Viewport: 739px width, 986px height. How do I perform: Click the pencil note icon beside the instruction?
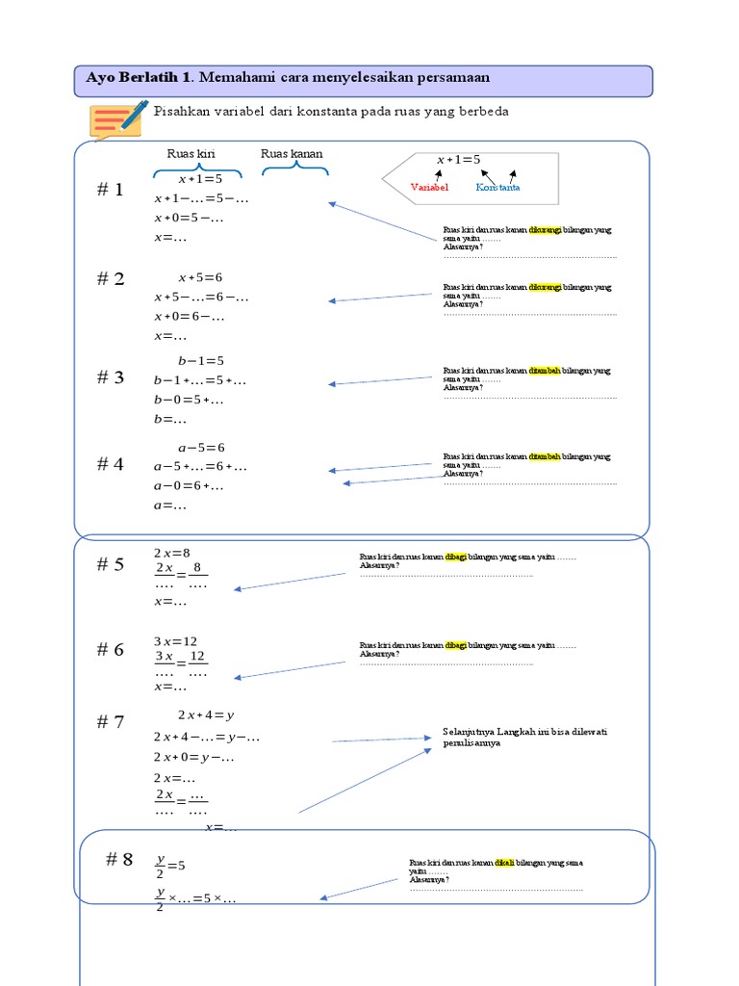pyautogui.click(x=118, y=119)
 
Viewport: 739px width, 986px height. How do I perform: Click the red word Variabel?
pyautogui.click(x=430, y=188)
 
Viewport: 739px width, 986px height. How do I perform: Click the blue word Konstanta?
pyautogui.click(x=497, y=188)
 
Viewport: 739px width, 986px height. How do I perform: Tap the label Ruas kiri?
pyautogui.click(x=191, y=154)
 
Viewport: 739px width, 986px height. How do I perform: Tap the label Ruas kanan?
pyautogui.click(x=292, y=154)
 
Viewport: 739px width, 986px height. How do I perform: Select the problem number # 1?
pyautogui.click(x=110, y=191)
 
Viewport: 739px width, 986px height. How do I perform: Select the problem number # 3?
pyautogui.click(x=110, y=377)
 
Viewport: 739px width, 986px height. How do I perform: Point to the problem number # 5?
pyautogui.click(x=110, y=565)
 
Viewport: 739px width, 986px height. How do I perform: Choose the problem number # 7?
pyautogui.click(x=110, y=722)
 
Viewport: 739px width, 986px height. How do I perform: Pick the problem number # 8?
pyautogui.click(x=119, y=860)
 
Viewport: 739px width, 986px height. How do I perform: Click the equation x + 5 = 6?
pyautogui.click(x=200, y=277)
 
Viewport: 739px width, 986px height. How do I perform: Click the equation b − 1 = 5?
pyautogui.click(x=200, y=361)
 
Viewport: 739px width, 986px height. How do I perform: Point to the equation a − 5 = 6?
pyautogui.click(x=200, y=448)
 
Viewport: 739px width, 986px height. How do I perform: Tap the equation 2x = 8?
pyautogui.click(x=172, y=553)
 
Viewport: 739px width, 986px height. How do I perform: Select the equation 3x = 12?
pyautogui.click(x=175, y=641)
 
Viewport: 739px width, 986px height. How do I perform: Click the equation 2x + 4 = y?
pyautogui.click(x=206, y=715)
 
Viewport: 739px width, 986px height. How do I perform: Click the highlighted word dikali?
pyautogui.click(x=504, y=863)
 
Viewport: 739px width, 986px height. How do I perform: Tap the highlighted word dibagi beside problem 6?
pyautogui.click(x=455, y=645)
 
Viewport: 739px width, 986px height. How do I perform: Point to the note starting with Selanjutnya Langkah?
pyautogui.click(x=524, y=738)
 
